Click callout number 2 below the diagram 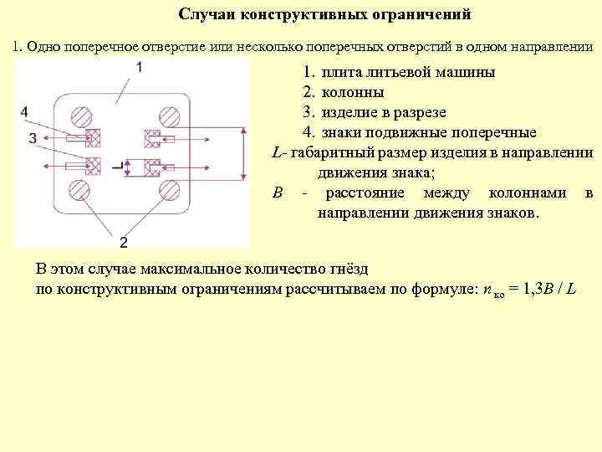click(x=124, y=243)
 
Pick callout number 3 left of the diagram click(x=32, y=139)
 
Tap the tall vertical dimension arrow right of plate click(x=243, y=152)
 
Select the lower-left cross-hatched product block click(x=94, y=165)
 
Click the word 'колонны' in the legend click(x=353, y=92)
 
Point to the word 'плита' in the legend click(x=343, y=72)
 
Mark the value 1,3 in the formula click(x=521, y=290)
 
